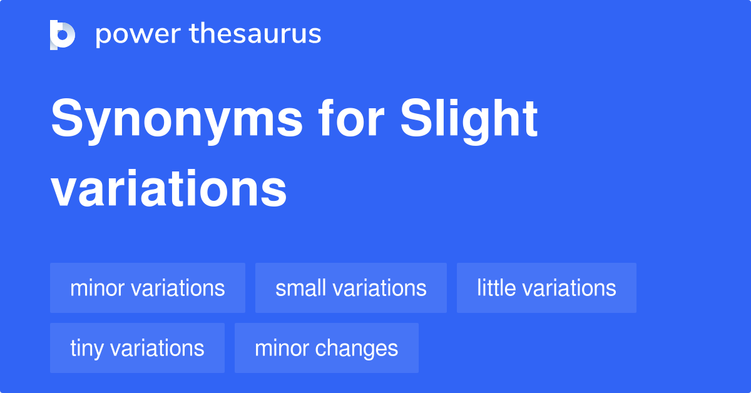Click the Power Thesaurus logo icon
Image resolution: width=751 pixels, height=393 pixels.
[63, 34]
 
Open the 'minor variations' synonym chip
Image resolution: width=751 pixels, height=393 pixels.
[148, 288]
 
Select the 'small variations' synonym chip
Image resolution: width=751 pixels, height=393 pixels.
[350, 288]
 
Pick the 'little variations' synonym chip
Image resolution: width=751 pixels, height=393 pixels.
[546, 288]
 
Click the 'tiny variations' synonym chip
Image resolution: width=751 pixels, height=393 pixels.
[137, 348]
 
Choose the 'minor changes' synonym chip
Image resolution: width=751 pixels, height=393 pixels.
[326, 348]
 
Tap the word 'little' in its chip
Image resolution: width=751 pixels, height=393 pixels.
[496, 288]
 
